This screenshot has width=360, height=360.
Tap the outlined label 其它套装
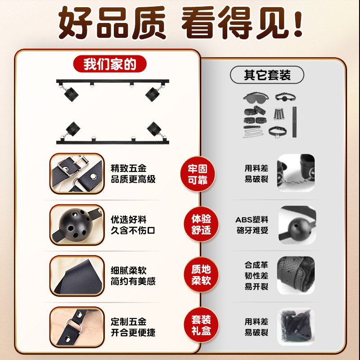coord(267,75)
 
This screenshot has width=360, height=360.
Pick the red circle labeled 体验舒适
coord(198,225)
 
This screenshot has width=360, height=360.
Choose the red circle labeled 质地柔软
coord(198,275)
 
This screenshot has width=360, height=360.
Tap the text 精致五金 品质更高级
coord(133,174)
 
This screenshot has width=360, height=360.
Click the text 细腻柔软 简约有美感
coord(133,276)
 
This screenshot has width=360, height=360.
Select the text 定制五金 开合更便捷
coord(133,327)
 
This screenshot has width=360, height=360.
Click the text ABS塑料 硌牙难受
coord(252,225)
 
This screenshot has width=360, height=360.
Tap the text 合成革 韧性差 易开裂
coord(256,275)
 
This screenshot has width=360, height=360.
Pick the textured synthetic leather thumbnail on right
coord(296,275)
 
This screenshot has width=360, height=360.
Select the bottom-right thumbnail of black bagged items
coord(296,327)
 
